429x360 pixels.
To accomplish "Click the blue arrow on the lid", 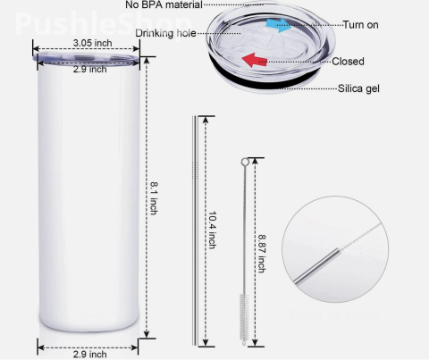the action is pos(279,25).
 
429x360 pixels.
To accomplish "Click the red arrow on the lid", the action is pos(254,60).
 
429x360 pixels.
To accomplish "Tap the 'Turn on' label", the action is pos(360,25).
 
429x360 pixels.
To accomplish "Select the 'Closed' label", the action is pos(348,62).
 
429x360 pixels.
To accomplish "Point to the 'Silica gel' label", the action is pos(358,88).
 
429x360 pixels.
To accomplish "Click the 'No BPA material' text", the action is pos(164,4).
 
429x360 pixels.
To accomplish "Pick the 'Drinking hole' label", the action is pos(165,33).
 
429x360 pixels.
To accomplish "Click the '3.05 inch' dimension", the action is pos(93,43).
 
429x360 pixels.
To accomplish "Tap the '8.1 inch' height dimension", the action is pos(154,198).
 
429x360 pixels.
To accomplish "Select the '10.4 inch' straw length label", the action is pos(212,230).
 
